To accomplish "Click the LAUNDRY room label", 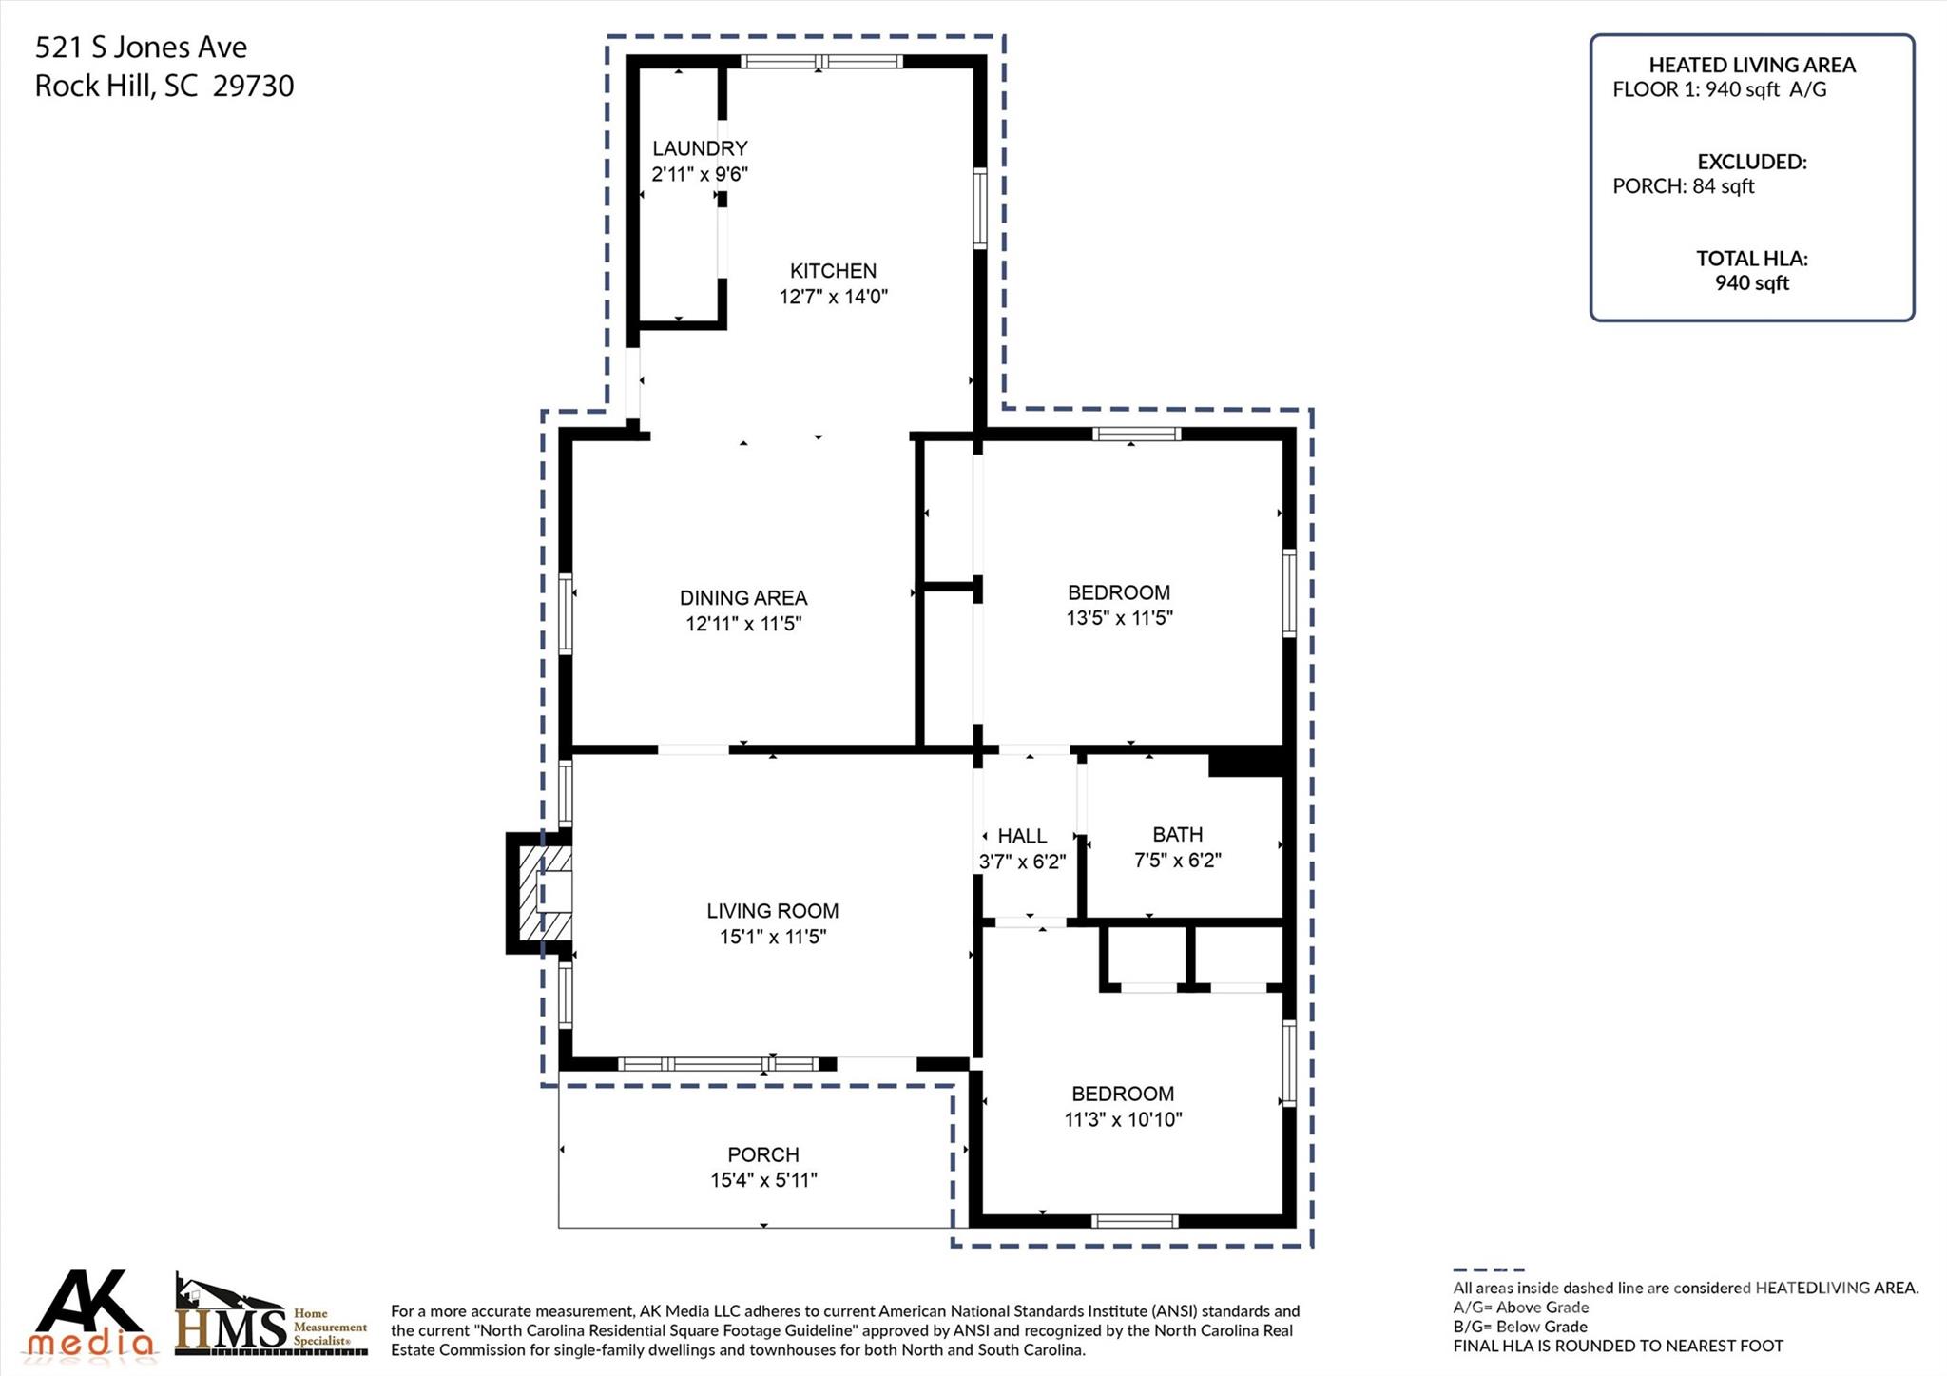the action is coord(700,148).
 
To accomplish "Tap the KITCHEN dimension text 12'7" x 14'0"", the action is coord(834,297).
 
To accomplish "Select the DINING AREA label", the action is coord(743,598).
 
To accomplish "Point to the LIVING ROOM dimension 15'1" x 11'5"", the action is coord(773,937).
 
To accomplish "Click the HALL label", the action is coord(1022,837).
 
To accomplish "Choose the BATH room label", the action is coord(1178,835).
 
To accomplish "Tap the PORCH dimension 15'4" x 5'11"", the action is coord(763,1180).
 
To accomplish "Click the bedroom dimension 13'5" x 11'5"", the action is coord(1119,618).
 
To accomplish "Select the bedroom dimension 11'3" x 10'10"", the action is coord(1123,1119).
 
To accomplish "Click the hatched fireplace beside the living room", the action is coord(539,892).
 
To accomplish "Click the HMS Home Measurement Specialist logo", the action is coord(272,1316).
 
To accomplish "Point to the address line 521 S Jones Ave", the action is coord(141,48).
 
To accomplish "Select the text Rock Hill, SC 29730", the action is coord(164,87).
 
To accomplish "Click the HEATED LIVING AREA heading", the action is coord(1752,65).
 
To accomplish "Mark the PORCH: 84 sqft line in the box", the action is coord(1683,186).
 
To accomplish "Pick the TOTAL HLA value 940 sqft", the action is coord(1752,283).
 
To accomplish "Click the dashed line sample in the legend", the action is coord(1489,1269).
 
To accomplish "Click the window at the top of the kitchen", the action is coord(821,62).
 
